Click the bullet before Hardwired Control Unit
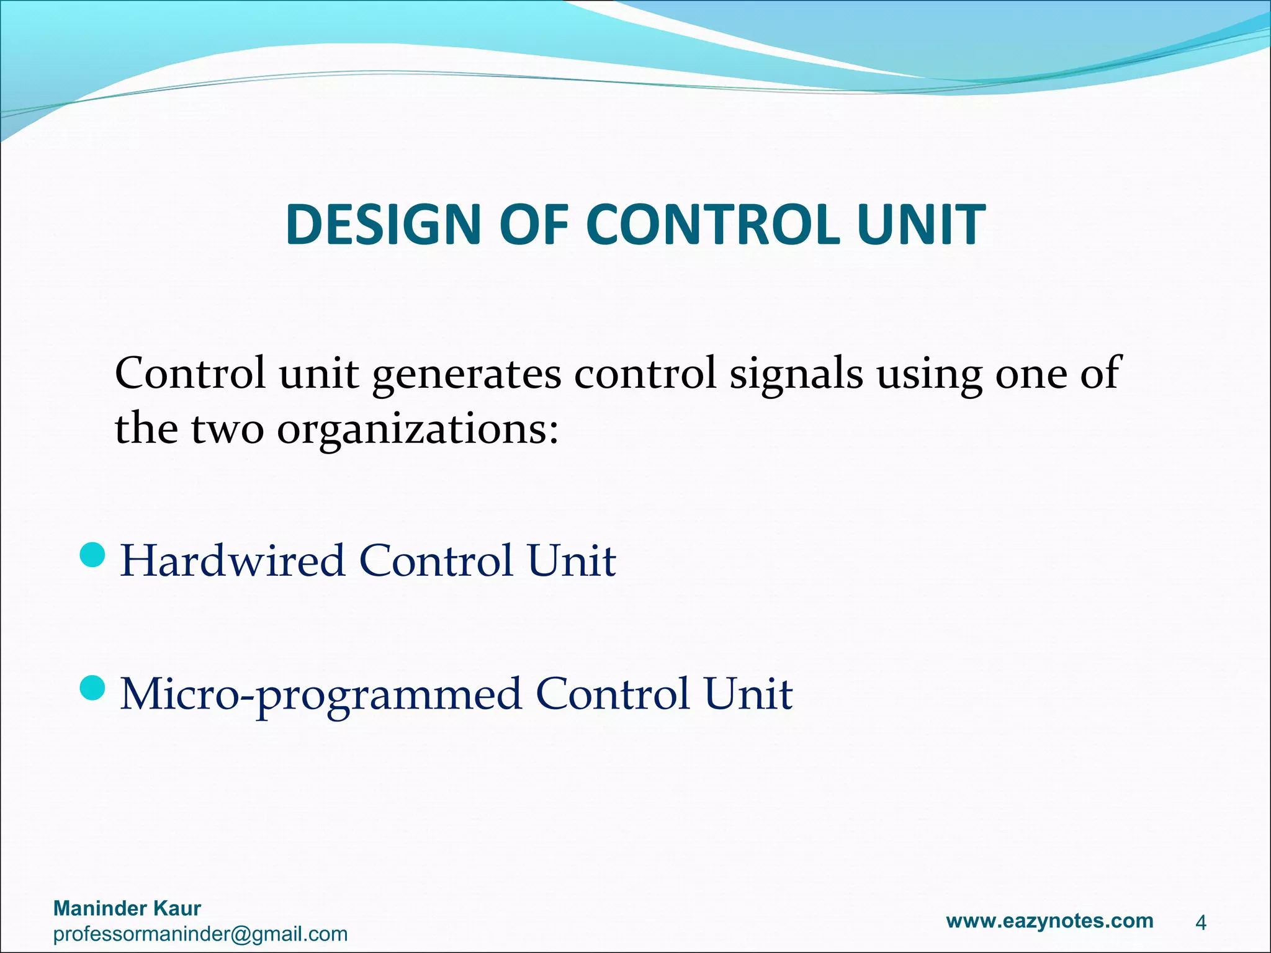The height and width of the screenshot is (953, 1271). click(94, 555)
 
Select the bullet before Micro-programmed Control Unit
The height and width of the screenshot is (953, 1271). click(94, 687)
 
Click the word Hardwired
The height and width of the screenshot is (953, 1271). click(232, 561)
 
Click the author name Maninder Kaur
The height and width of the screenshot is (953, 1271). click(127, 908)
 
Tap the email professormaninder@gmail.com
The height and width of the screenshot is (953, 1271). click(200, 934)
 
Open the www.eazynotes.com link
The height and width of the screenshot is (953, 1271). click(1049, 920)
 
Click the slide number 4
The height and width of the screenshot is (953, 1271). click(1200, 923)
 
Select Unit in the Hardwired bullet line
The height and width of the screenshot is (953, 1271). click(572, 561)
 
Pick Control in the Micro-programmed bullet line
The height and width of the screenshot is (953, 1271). click(612, 694)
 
